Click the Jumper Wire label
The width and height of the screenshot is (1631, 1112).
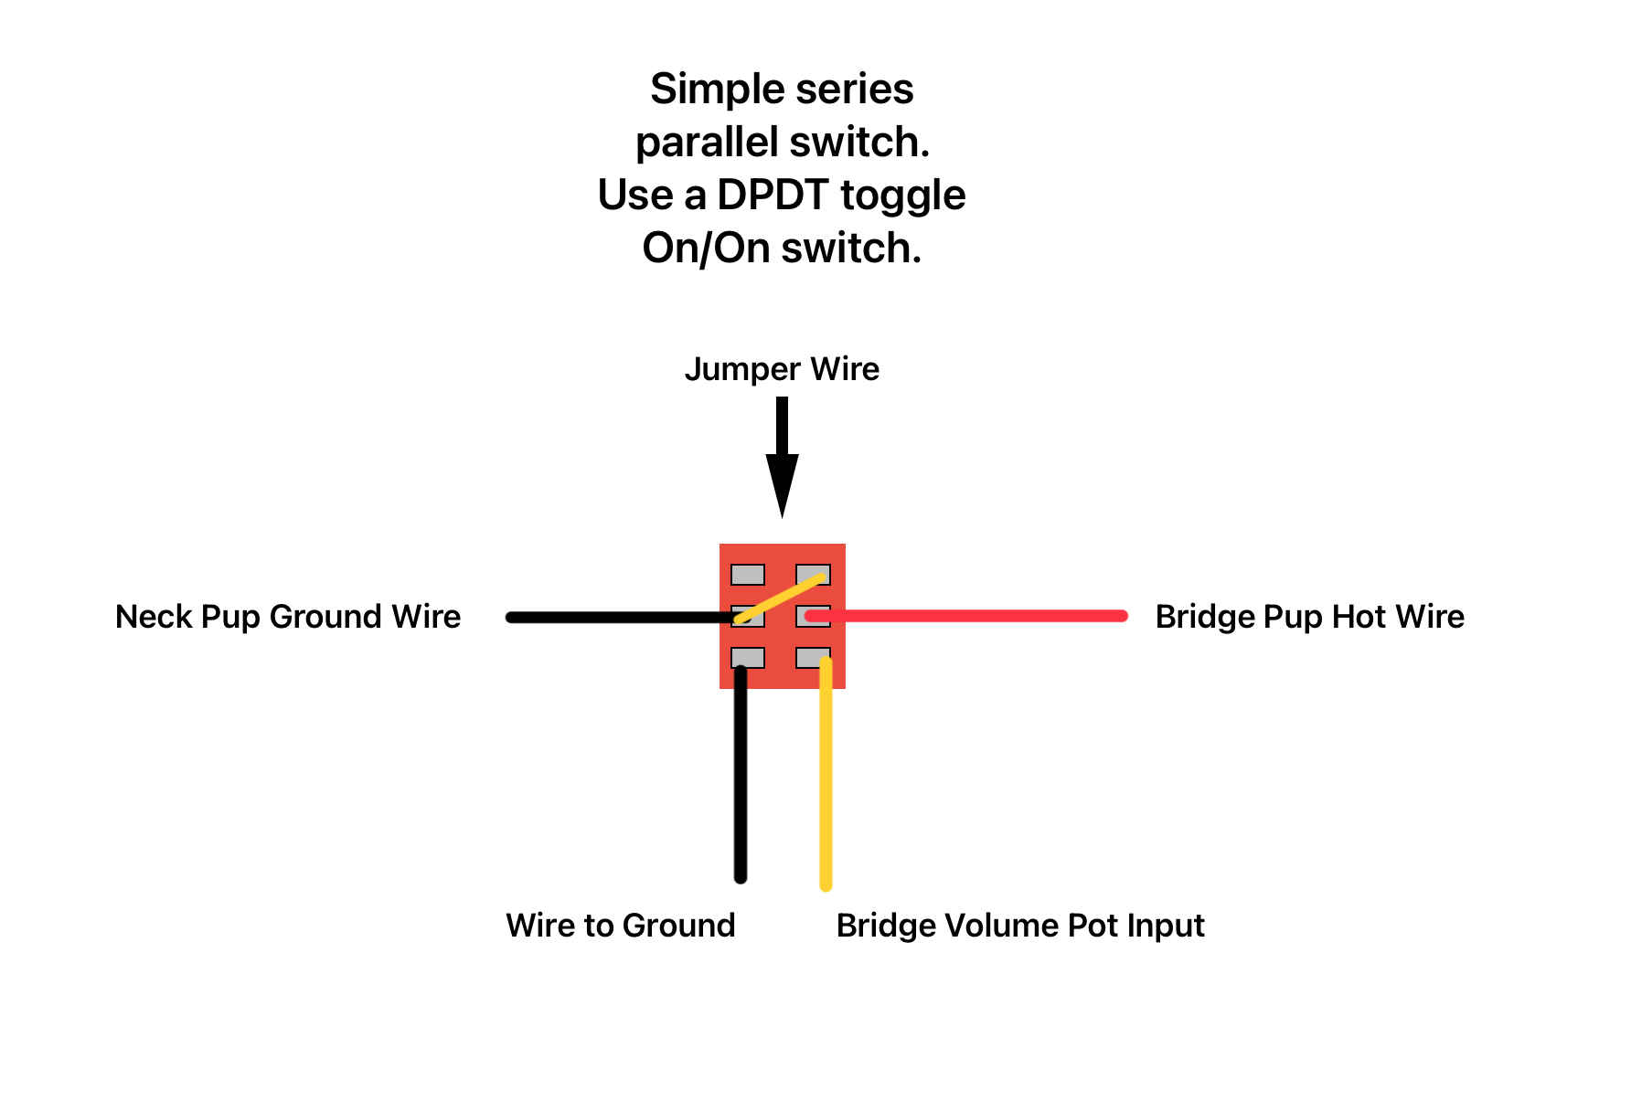tap(782, 369)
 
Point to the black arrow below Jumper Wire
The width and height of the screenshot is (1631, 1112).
tap(782, 457)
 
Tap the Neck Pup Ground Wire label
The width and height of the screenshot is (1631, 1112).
tap(288, 617)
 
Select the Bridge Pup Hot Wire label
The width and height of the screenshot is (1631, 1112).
tap(1309, 617)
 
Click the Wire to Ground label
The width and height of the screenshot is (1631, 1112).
tap(621, 926)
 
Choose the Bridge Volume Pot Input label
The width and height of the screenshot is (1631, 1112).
tap(1020, 926)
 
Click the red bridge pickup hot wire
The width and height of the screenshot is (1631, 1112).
tap(966, 616)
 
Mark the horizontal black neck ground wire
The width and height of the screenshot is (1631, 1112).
tap(624, 618)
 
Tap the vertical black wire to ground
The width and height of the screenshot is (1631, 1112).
tap(741, 774)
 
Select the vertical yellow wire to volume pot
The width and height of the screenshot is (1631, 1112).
tap(826, 773)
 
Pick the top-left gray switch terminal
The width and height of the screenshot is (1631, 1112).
tap(748, 575)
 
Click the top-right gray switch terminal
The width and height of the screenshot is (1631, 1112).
tap(813, 575)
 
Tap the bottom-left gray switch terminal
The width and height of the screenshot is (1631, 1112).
tap(748, 658)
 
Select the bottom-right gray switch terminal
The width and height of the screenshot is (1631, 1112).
tap(813, 658)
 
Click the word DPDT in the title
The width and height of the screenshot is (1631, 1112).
tap(773, 195)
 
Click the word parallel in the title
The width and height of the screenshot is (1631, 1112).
tap(707, 143)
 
